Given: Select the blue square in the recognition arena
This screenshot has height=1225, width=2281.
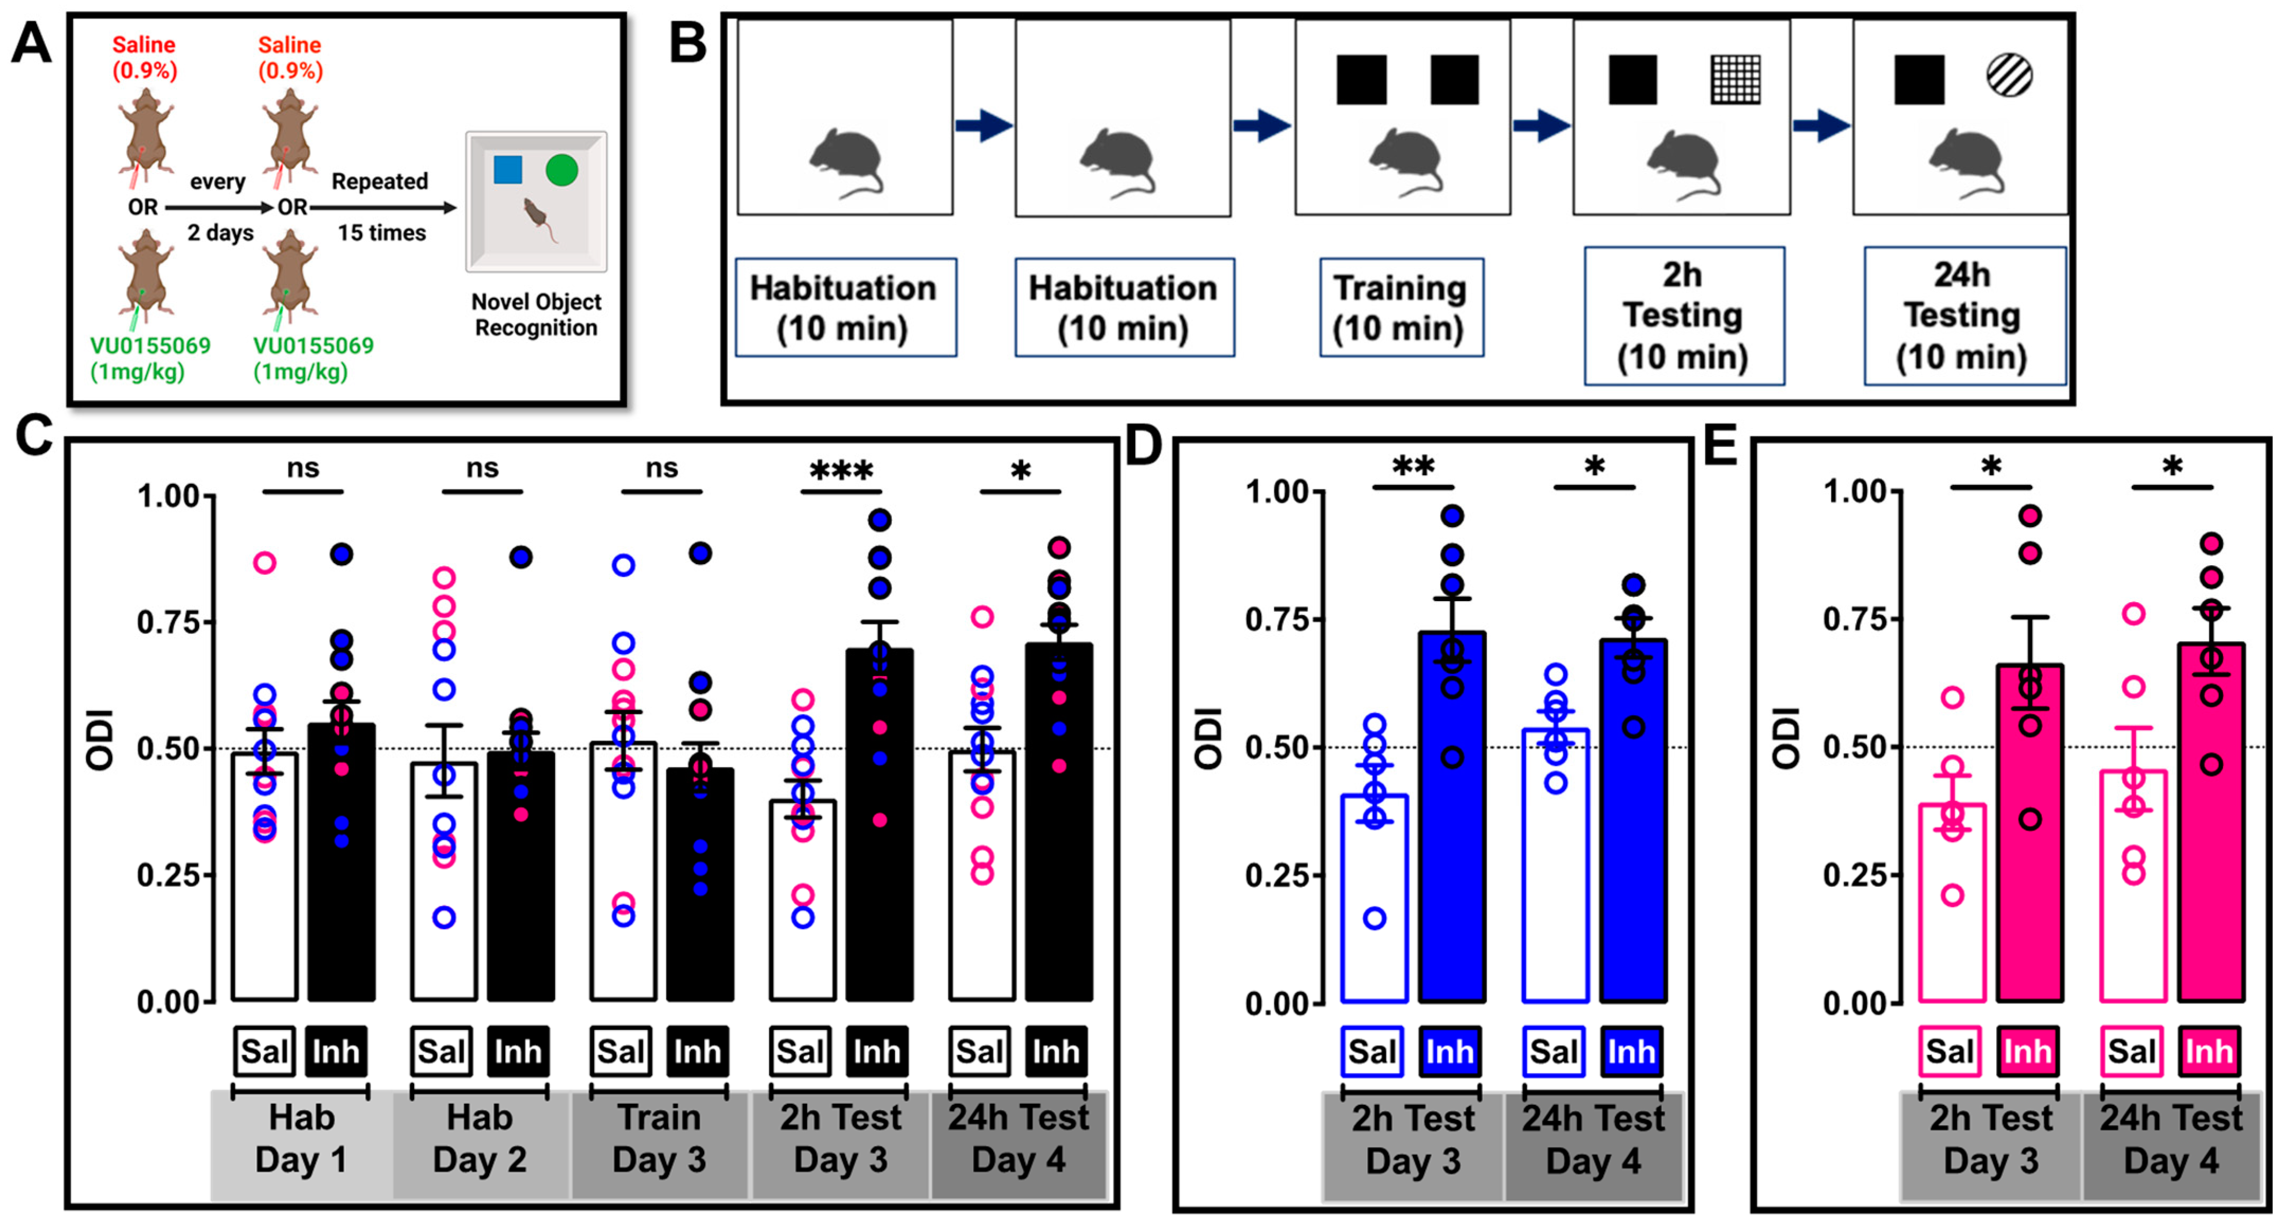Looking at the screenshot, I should (507, 169).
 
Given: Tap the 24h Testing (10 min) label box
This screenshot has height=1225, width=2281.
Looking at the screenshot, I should (1964, 316).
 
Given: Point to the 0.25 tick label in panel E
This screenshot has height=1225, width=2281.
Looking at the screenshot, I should (1857, 875).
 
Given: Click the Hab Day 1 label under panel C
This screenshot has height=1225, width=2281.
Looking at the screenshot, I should (301, 1138).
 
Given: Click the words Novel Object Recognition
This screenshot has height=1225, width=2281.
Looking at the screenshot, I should (536, 314).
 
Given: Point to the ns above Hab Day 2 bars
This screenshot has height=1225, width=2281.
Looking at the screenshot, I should (482, 468).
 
